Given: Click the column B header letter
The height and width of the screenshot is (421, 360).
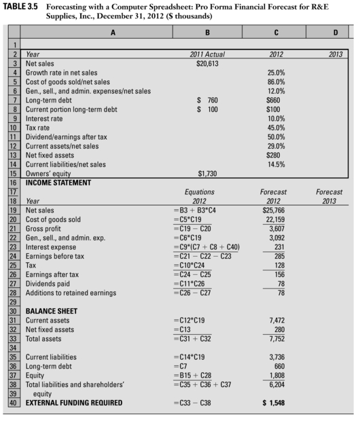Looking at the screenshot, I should click(208, 31).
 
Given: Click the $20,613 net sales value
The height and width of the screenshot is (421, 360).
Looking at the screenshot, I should click(208, 62).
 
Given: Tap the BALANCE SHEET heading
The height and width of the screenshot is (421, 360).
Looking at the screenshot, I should click(53, 311).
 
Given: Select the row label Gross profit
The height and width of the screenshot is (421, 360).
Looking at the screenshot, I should click(46, 229).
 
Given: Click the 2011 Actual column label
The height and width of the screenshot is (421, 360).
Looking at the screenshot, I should click(208, 53).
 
